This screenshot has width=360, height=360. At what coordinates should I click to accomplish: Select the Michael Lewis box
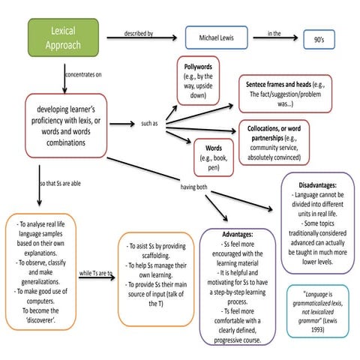pos(216,37)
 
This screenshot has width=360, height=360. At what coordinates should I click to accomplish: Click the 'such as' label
pos(149,123)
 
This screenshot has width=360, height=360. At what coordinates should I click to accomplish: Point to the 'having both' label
pos(193,186)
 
